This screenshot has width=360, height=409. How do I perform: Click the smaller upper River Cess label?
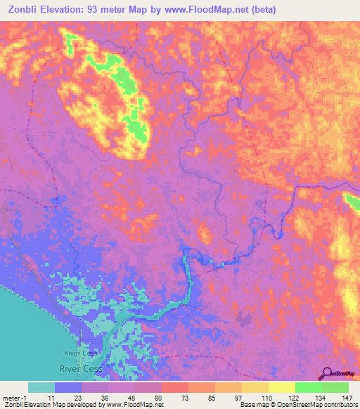click(79, 353)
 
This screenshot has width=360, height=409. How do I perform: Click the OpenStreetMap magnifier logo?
click(328, 373)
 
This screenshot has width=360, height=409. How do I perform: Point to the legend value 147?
click(345, 397)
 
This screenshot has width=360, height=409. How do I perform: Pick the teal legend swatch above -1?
click(41, 387)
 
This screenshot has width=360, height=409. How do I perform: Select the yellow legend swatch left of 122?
click(281, 387)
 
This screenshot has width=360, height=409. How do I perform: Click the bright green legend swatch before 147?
click(335, 387)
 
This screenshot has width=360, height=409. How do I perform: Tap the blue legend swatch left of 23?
click(68, 387)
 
